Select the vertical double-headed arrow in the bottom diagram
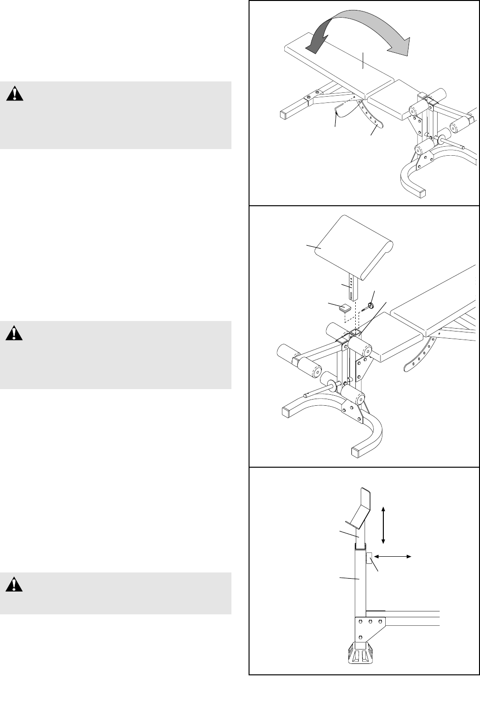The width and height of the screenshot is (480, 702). pyautogui.click(x=383, y=525)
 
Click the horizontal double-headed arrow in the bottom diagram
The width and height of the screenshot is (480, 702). pyautogui.click(x=393, y=556)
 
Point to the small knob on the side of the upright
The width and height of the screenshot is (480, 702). pyautogui.click(x=369, y=558)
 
